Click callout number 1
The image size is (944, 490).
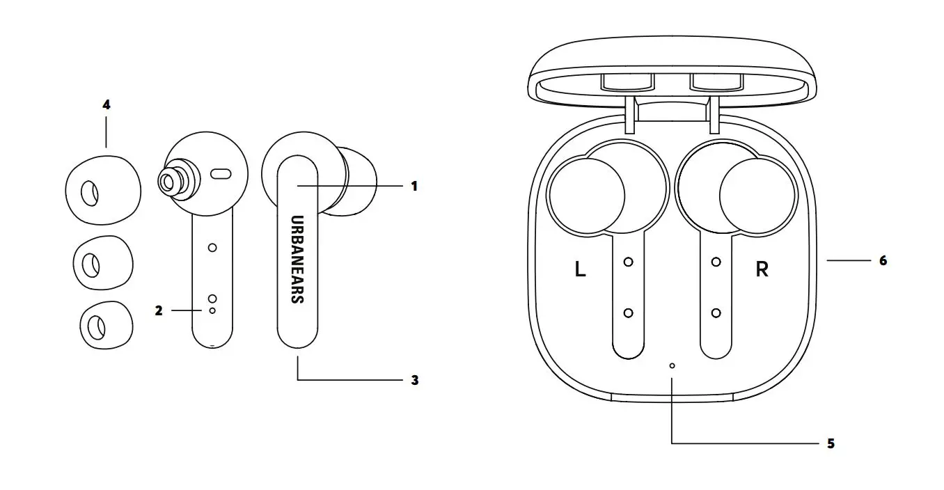pyautogui.click(x=414, y=187)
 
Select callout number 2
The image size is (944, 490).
pyautogui.click(x=159, y=310)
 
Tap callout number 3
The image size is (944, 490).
pyautogui.click(x=414, y=380)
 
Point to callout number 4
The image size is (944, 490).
pyautogui.click(x=106, y=105)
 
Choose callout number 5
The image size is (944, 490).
pyautogui.click(x=830, y=443)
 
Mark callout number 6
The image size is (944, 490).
pyautogui.click(x=883, y=260)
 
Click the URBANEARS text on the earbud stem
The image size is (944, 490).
pyautogui.click(x=297, y=258)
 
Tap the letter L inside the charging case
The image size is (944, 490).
pyautogui.click(x=580, y=269)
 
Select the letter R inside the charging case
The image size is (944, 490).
pyautogui.click(x=762, y=269)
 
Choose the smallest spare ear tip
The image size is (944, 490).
pyautogui.click(x=101, y=325)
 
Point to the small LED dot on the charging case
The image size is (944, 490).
pyautogui.click(x=672, y=365)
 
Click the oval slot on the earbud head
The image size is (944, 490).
pyautogui.click(x=221, y=173)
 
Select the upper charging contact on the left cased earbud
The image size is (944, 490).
pyautogui.click(x=628, y=262)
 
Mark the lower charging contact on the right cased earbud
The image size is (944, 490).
pyautogui.click(x=716, y=313)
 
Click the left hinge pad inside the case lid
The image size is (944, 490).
pyautogui.click(x=627, y=81)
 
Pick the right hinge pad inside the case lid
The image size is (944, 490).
pyautogui.click(x=714, y=81)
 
